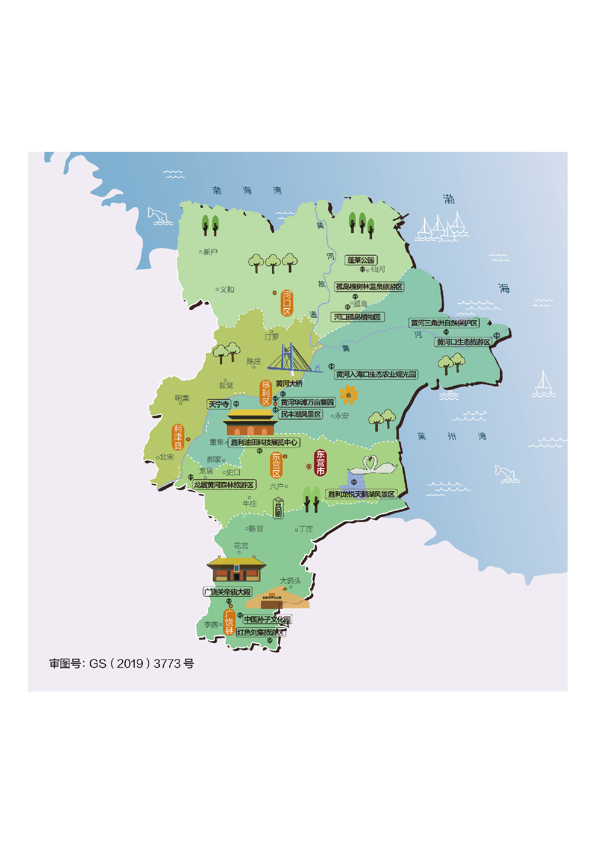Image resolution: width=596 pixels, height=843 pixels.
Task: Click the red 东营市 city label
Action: point(320,463)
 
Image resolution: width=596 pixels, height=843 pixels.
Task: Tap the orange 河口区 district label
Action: point(287,303)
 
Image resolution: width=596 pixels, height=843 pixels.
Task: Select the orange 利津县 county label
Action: point(178,437)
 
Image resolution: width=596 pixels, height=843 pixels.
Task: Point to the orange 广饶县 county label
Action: point(229,622)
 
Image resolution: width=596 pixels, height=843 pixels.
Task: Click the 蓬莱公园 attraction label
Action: point(361,260)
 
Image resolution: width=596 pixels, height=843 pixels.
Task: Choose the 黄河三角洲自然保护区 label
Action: point(444,323)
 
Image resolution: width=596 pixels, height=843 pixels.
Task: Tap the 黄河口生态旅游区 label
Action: point(463,342)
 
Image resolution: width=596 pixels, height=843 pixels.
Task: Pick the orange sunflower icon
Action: point(348,395)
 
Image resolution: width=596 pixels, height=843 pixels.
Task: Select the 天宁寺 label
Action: point(219,404)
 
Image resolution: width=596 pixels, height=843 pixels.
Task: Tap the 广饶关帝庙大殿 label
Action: point(227,592)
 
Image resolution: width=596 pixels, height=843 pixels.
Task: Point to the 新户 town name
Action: point(210,252)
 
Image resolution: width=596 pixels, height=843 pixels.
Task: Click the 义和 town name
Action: point(227,290)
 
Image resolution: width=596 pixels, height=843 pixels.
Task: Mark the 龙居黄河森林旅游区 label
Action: point(224,485)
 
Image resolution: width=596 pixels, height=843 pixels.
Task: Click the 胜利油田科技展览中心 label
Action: point(264,442)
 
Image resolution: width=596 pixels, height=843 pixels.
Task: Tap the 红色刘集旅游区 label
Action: point(261,632)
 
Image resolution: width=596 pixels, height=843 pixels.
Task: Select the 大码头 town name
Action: point(290,581)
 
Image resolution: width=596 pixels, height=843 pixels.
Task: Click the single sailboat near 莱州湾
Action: point(544,384)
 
